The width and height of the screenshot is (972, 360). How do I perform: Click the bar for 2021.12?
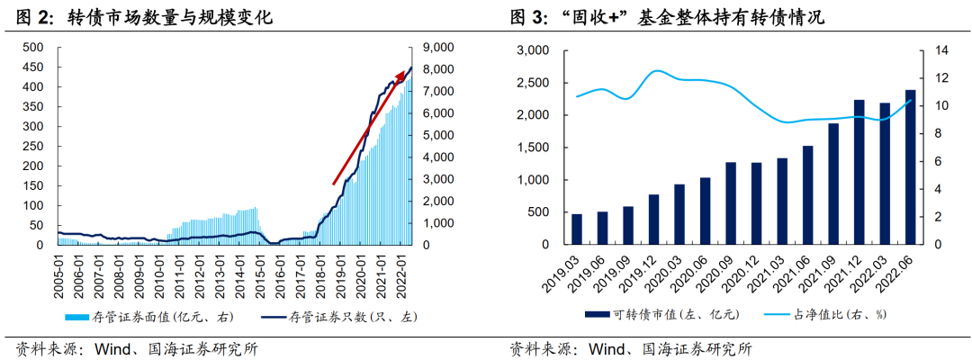[x=859, y=172]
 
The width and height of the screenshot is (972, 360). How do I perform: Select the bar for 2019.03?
[x=577, y=229]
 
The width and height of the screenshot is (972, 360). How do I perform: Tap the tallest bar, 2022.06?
[x=910, y=167]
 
